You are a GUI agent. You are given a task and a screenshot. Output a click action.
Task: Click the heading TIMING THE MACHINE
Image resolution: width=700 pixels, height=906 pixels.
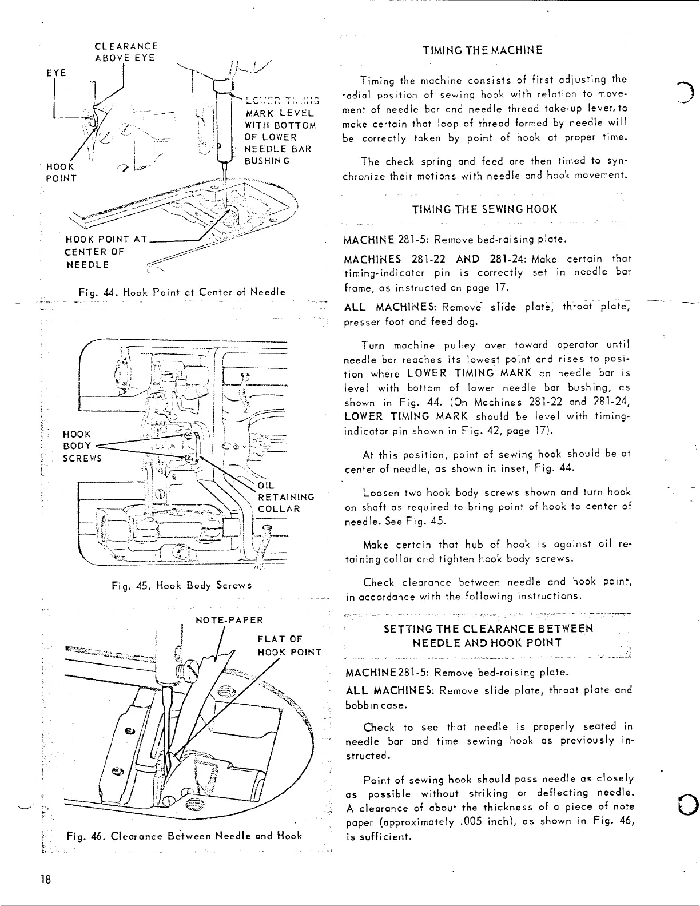tap(483, 50)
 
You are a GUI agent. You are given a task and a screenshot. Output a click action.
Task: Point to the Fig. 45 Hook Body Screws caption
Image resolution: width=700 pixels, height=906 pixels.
tap(181, 585)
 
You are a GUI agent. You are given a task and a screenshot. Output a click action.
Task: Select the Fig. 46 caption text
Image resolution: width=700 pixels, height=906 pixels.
tap(184, 836)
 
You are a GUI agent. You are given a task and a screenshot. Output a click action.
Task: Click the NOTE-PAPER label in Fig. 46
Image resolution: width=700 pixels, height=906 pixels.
tap(229, 620)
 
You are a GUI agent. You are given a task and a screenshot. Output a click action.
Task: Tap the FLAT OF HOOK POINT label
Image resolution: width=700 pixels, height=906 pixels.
tap(289, 645)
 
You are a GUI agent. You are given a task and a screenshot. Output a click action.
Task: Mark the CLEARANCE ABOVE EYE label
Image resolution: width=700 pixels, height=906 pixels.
tap(126, 52)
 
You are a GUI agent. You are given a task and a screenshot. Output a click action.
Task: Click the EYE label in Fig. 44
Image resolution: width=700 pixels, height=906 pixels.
tap(56, 73)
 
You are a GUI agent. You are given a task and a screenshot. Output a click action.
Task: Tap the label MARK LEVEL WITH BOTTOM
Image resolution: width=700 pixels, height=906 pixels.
tap(279, 119)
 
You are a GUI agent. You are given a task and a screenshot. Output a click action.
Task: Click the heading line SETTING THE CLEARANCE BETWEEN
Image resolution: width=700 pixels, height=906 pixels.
tap(488, 629)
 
